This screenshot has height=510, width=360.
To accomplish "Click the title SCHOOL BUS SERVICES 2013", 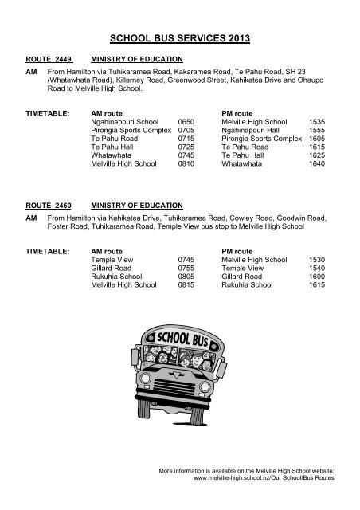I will (180, 37).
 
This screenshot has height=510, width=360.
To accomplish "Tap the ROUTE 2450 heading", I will (49, 205).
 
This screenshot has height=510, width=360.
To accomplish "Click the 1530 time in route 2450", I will (317, 258).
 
